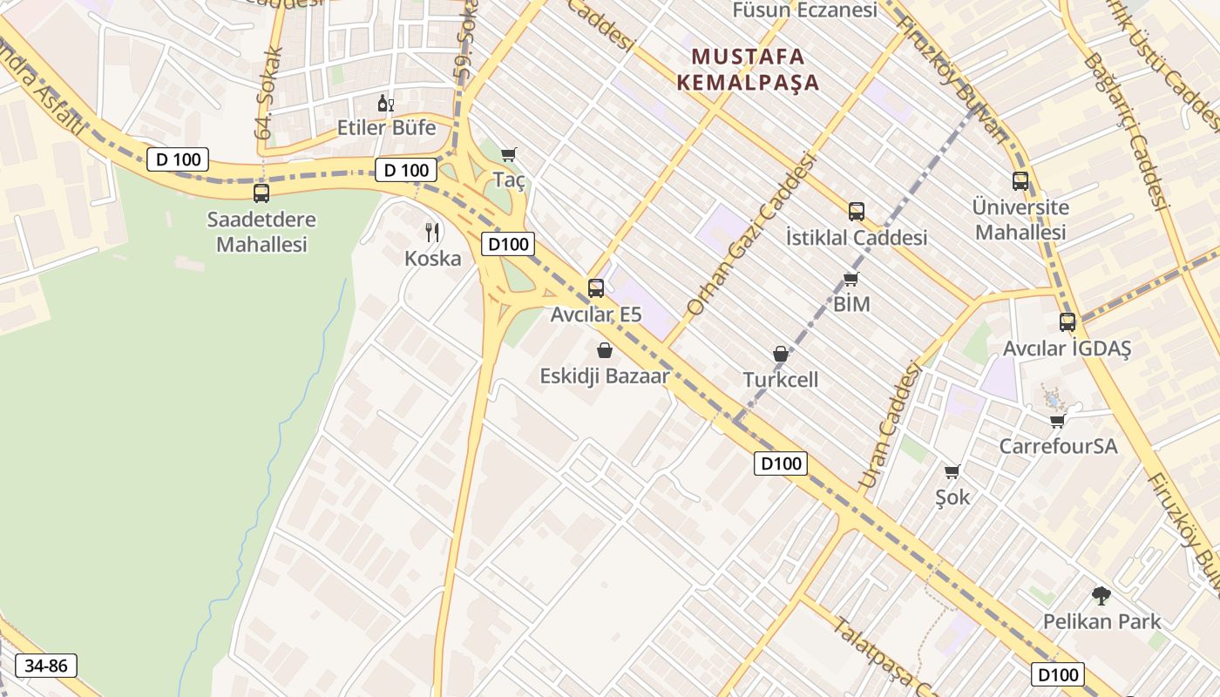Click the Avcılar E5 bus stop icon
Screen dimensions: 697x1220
tap(596, 288)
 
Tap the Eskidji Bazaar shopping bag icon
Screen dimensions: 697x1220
tap(605, 350)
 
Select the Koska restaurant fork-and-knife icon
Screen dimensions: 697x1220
tap(432, 232)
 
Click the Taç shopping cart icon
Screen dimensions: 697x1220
tap(509, 154)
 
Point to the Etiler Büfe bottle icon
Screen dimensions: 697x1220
tap(386, 104)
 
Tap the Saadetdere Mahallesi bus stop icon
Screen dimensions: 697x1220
tap(261, 193)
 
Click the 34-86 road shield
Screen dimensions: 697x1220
tap(46, 666)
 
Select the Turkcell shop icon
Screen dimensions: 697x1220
tap(781, 354)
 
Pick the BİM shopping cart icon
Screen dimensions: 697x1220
tap(851, 279)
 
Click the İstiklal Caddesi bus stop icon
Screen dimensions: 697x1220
tap(857, 211)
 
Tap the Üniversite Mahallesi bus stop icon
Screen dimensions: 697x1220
tap(1020, 181)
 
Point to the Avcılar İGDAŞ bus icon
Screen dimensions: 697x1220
tap(1067, 321)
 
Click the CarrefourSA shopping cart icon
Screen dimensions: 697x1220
tap(1058, 421)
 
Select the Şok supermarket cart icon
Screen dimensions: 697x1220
tap(952, 471)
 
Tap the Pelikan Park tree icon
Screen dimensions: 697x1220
tap(1101, 596)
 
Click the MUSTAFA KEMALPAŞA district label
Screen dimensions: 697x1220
tap(756, 70)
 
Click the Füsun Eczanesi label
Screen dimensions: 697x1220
tap(804, 10)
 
